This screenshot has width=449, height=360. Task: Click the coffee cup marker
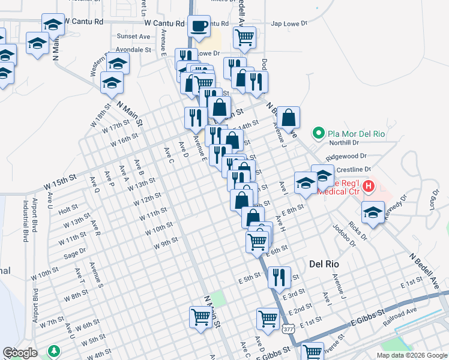(x=199, y=26)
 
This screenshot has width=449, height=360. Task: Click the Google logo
(x=20, y=353)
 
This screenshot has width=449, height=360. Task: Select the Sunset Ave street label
(x=133, y=37)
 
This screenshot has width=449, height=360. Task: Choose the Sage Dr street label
(x=75, y=254)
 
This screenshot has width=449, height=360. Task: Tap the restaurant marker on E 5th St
(x=279, y=278)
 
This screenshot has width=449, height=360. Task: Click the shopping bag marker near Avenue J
(x=289, y=118)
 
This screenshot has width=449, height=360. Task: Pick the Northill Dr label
(x=343, y=143)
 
